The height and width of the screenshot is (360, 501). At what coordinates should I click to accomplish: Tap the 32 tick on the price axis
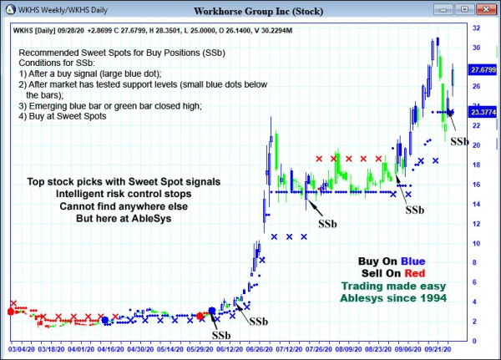tap(475, 28)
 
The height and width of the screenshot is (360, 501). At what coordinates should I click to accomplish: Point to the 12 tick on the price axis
tap(475, 223)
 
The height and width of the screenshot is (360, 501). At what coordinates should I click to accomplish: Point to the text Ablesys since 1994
tap(392, 297)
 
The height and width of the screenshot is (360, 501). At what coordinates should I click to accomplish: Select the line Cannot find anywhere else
tap(124, 205)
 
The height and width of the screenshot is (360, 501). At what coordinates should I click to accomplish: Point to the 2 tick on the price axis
tap(473, 321)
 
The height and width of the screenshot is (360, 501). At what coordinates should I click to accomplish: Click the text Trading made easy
tap(392, 285)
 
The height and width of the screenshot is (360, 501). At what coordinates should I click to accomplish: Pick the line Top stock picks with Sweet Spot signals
tap(124, 180)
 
